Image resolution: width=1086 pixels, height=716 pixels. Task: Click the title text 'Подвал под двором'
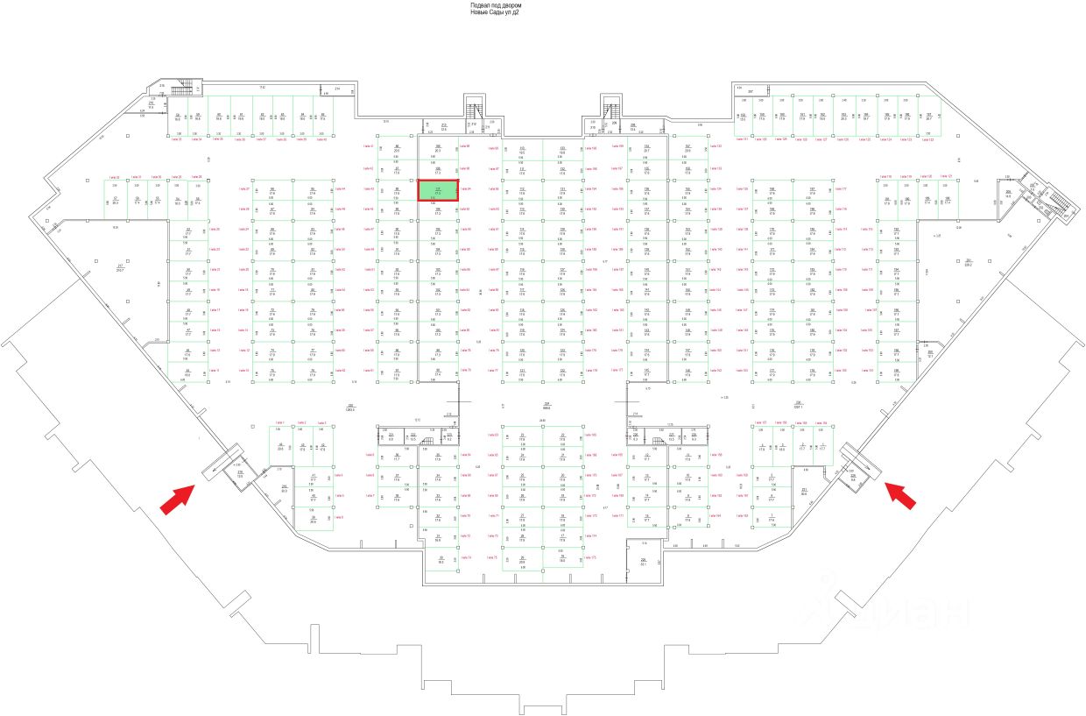[497, 5]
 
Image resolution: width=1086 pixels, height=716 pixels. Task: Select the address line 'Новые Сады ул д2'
[496, 13]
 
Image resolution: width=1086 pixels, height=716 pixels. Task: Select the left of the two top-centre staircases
[475, 110]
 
